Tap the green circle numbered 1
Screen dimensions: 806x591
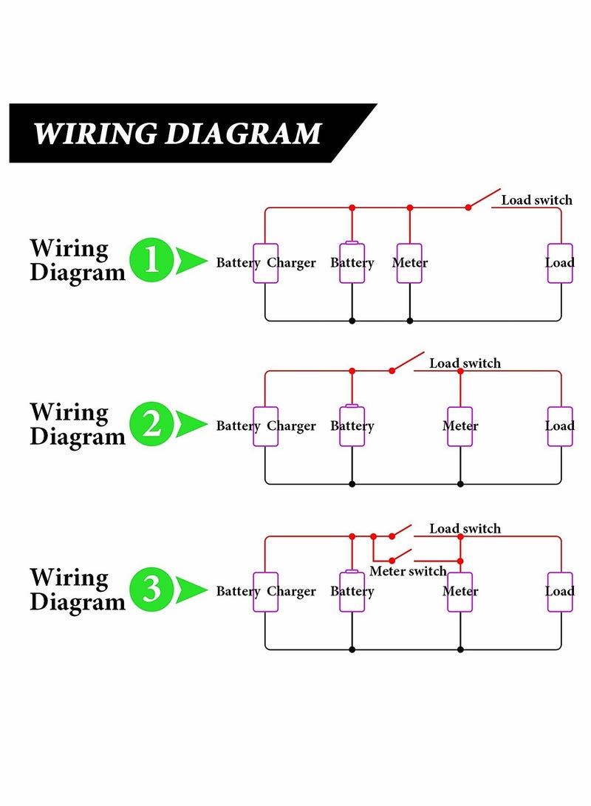point(151,261)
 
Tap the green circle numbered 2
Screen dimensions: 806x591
point(151,425)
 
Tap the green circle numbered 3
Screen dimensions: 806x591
point(151,590)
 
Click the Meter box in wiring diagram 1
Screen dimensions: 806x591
point(409,263)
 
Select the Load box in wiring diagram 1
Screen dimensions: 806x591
point(560,263)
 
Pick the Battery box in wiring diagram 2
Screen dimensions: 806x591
point(352,426)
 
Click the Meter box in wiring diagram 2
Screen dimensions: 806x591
point(460,426)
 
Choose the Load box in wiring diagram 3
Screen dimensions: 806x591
point(560,592)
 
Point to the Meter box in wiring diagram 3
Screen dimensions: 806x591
point(460,592)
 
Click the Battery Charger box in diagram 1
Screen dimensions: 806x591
point(266,263)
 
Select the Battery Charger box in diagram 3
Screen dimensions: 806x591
point(266,592)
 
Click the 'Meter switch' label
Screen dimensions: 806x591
point(408,571)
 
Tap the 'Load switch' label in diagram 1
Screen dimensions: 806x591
point(537,200)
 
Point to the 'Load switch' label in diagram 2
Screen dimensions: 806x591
point(465,363)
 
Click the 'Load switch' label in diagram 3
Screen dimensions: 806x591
point(465,529)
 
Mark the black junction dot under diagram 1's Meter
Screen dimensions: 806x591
point(410,321)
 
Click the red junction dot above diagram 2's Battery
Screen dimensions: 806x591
point(352,371)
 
